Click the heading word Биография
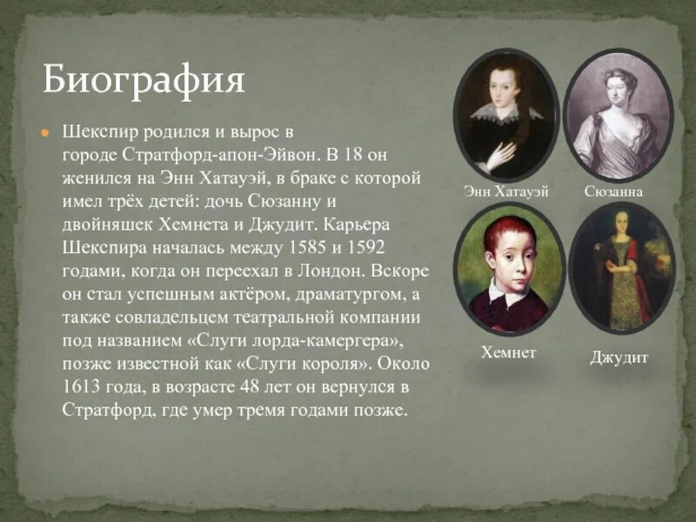tap(144, 81)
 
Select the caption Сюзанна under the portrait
tap(614, 191)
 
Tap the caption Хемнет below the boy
tap(509, 353)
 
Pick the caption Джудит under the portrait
tap(619, 358)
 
